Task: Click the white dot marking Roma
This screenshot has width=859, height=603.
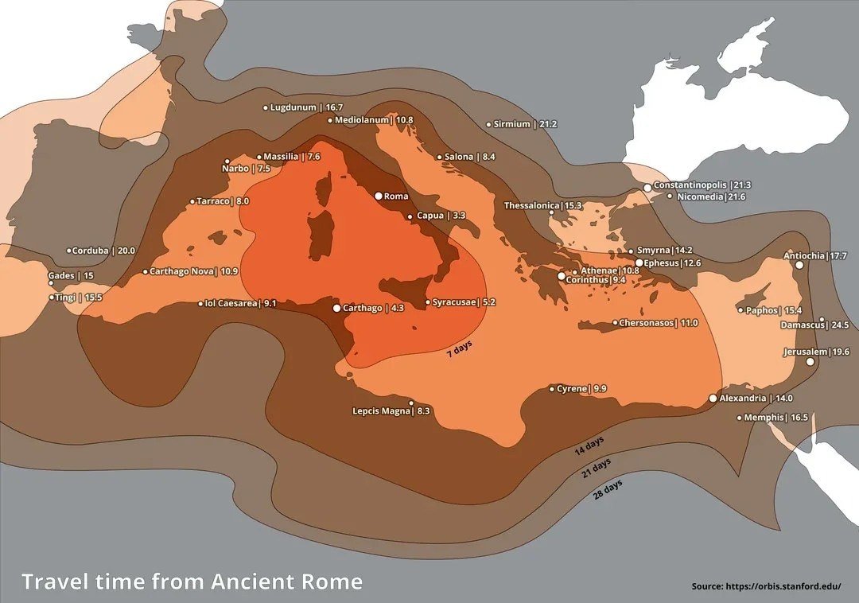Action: tap(379, 196)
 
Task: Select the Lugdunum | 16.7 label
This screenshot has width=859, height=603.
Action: tap(307, 107)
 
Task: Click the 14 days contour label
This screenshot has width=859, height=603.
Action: tap(589, 447)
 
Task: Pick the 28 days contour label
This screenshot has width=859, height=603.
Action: tap(608, 488)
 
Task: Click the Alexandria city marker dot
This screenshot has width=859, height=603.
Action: tap(713, 399)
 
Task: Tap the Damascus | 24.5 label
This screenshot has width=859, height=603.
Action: tap(814, 325)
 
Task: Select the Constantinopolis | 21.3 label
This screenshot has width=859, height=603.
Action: tap(702, 185)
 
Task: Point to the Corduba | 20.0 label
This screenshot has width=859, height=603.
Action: tap(104, 251)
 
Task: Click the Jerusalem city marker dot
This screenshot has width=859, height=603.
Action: tap(810, 362)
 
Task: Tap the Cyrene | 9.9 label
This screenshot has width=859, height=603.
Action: tap(582, 389)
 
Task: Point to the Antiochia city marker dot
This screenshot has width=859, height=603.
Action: tap(799, 265)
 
